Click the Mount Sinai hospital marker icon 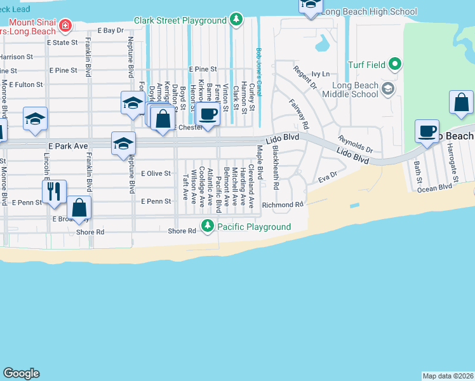point(65,25)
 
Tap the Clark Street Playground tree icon point(236,20)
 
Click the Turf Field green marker point(395,63)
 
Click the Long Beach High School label point(370,11)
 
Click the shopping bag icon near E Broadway point(79,207)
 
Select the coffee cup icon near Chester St point(208,114)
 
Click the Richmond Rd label point(283,205)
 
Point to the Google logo point(21,373)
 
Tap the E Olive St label point(156,173)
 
